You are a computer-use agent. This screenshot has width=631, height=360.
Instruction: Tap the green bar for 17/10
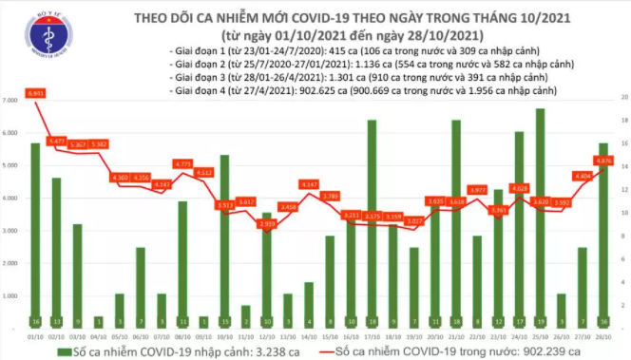point(372,223)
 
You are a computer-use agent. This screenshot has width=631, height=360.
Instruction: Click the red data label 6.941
point(36,94)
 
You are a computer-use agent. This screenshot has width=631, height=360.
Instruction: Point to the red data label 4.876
point(604,161)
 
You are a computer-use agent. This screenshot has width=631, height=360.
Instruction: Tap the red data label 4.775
point(182,163)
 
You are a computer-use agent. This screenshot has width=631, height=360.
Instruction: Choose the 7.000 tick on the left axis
point(12,100)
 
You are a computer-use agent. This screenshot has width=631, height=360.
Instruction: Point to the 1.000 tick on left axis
point(12,296)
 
